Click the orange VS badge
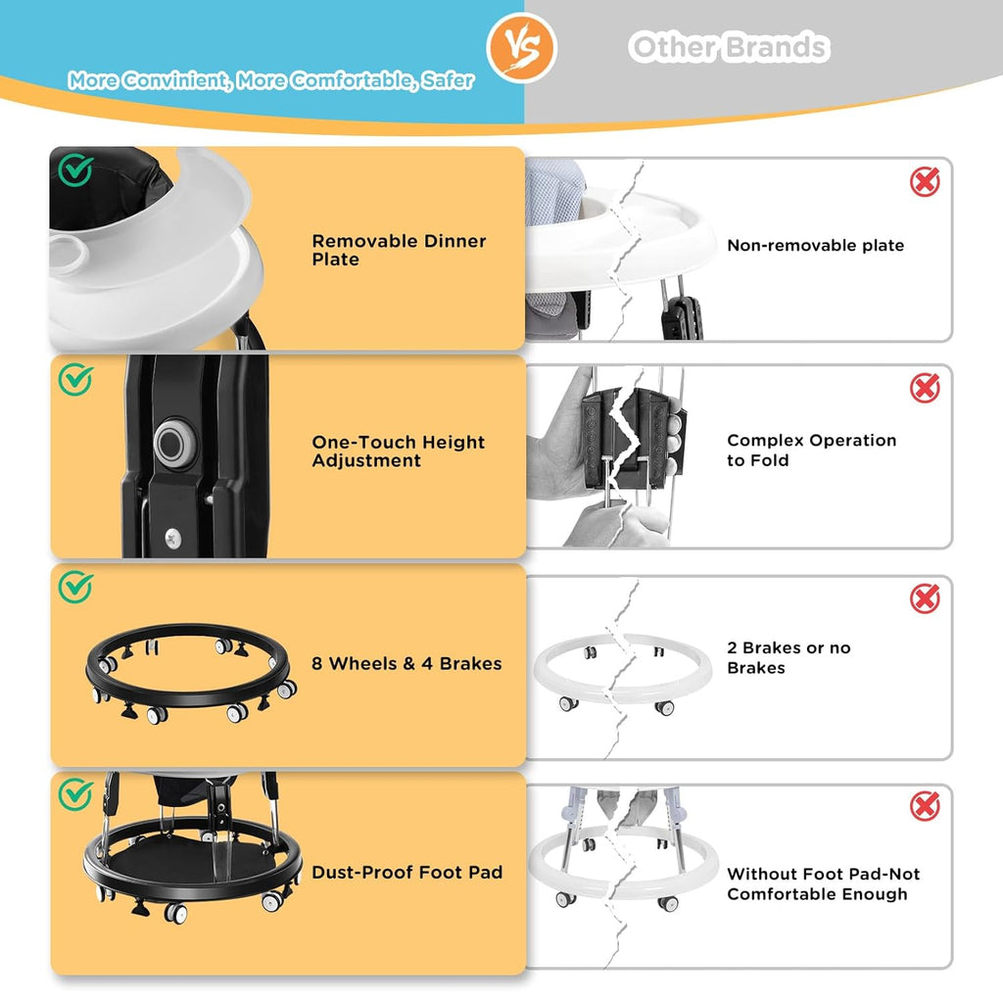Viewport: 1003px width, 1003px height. [x=521, y=48]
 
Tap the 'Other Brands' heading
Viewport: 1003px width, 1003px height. [x=729, y=47]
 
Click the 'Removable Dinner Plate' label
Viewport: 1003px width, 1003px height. [x=400, y=250]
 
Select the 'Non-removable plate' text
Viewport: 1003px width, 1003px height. [x=816, y=245]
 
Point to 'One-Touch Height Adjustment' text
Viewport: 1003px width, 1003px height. [x=398, y=451]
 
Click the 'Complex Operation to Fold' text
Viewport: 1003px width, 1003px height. [x=812, y=450]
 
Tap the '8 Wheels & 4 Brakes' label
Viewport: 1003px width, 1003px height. [x=406, y=663]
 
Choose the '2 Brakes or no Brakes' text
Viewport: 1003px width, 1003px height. [x=788, y=657]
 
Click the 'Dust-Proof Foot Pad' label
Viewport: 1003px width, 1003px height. [x=406, y=872]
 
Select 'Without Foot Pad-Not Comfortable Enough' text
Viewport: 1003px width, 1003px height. [x=823, y=884]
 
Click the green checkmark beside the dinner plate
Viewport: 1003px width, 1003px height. [x=75, y=169]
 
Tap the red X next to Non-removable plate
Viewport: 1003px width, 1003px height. [x=925, y=182]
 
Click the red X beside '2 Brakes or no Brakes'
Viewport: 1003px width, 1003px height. [x=925, y=598]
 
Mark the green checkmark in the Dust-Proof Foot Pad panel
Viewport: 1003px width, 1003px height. [x=75, y=794]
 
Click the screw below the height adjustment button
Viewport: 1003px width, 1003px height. [x=172, y=538]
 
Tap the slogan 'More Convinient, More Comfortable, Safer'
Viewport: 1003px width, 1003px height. [x=271, y=80]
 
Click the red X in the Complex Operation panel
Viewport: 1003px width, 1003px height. [x=925, y=388]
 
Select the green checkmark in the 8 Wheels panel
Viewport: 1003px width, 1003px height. [x=75, y=587]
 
